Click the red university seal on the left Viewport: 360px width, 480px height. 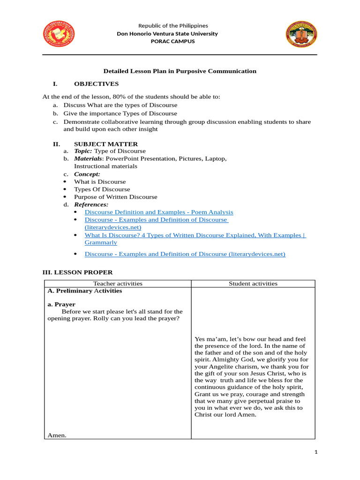59,34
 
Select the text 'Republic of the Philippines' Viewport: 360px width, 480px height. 173,26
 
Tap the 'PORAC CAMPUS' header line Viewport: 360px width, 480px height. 173,41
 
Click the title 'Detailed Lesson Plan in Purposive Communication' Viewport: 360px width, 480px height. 180,71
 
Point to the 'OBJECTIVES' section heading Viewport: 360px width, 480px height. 96,84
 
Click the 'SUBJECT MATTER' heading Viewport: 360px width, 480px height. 106,144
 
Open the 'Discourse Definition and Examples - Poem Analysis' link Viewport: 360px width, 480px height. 158,212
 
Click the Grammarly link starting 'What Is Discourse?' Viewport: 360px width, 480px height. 195,235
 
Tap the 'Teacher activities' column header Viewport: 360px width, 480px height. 118,284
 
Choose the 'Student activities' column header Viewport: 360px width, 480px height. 253,284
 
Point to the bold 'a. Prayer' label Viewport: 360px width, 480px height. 61,304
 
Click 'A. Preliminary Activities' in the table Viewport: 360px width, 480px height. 85,291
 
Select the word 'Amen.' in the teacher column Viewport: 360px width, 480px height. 57,435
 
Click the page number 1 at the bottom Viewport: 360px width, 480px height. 316,452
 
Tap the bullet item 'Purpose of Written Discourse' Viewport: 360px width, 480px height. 115,197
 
